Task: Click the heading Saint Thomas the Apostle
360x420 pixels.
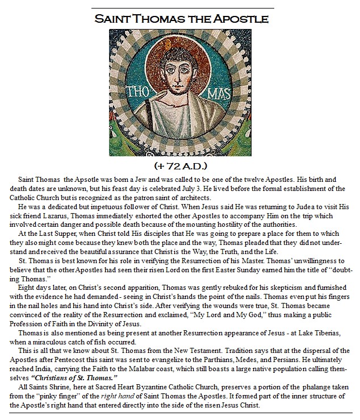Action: click(181, 19)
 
